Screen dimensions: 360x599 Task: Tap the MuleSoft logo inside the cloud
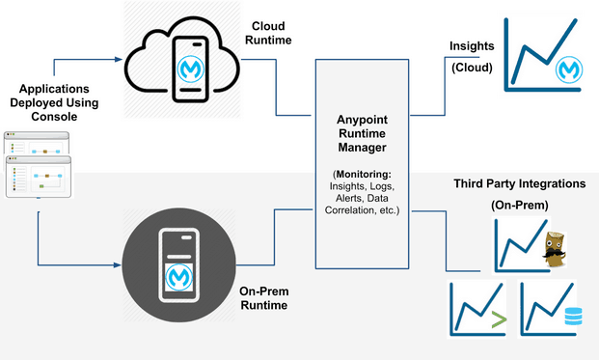coord(189,69)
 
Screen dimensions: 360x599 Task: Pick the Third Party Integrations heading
coord(520,183)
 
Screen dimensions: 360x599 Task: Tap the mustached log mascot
coord(554,250)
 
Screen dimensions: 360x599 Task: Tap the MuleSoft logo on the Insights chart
coord(567,69)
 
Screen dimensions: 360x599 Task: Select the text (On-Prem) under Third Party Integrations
coord(520,205)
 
